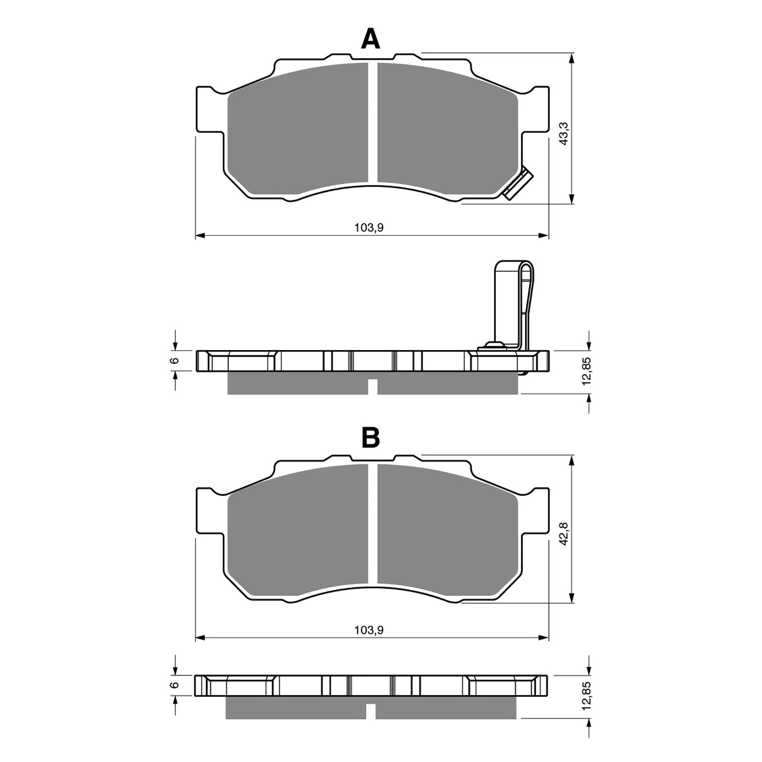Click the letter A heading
(371, 39)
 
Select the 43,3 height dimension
(563, 133)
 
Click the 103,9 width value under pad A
(369, 228)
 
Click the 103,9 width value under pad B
(369, 630)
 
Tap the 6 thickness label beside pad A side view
(175, 361)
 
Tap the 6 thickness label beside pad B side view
(175, 685)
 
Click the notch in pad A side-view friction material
(373, 387)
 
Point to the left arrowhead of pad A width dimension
(201, 235)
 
